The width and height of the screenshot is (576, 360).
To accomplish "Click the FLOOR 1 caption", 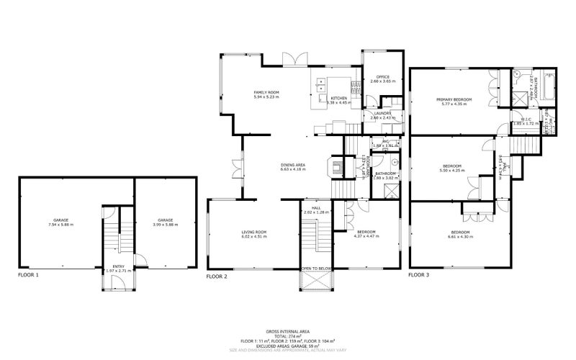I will pos(29,276).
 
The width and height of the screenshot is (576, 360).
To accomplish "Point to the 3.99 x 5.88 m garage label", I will pos(166,222).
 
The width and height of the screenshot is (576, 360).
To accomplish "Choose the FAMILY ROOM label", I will pos(266,94).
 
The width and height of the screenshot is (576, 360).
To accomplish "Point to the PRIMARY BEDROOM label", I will pos(451,102).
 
